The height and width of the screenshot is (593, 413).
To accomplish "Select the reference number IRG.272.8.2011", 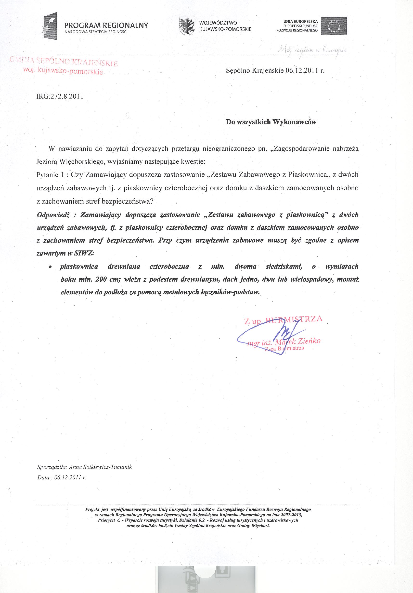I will [60, 96].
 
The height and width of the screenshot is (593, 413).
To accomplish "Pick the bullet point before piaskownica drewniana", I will [51, 267].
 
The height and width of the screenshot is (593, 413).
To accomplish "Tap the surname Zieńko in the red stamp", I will [309, 341].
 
